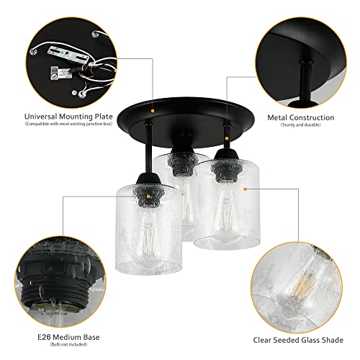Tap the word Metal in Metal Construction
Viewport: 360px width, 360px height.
tap(281, 117)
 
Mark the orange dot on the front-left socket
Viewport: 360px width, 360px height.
tap(149, 195)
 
